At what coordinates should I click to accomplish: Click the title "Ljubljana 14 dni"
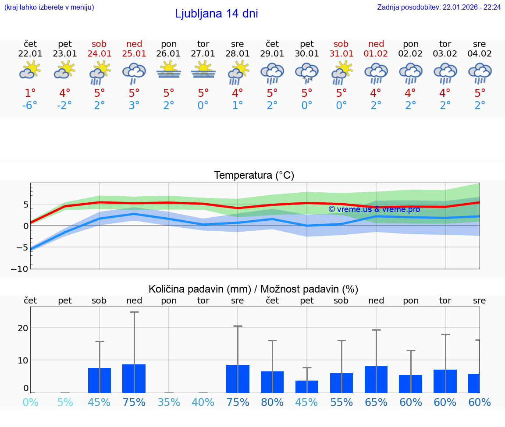point(216,14)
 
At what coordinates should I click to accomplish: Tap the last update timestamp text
point(439,7)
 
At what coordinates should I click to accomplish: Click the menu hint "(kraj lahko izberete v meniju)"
point(49,7)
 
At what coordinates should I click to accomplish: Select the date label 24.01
point(100,54)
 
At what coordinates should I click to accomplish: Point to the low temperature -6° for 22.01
point(30,106)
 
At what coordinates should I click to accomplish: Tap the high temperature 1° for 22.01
point(30,93)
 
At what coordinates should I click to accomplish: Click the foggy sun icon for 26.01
point(169,70)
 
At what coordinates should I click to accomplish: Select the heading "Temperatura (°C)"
point(254,176)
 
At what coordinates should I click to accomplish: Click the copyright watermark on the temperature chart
point(374,209)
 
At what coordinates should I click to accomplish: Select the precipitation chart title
point(253,289)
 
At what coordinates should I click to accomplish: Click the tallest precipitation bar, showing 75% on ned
point(134,378)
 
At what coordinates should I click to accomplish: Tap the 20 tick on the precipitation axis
point(23,328)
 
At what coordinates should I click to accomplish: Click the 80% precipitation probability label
point(272,402)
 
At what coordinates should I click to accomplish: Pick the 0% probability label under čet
point(30,402)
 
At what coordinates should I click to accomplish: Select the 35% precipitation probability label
point(169,402)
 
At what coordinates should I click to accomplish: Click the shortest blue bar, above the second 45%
point(307,387)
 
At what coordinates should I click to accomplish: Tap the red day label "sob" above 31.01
point(341,44)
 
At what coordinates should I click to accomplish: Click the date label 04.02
point(480,54)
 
